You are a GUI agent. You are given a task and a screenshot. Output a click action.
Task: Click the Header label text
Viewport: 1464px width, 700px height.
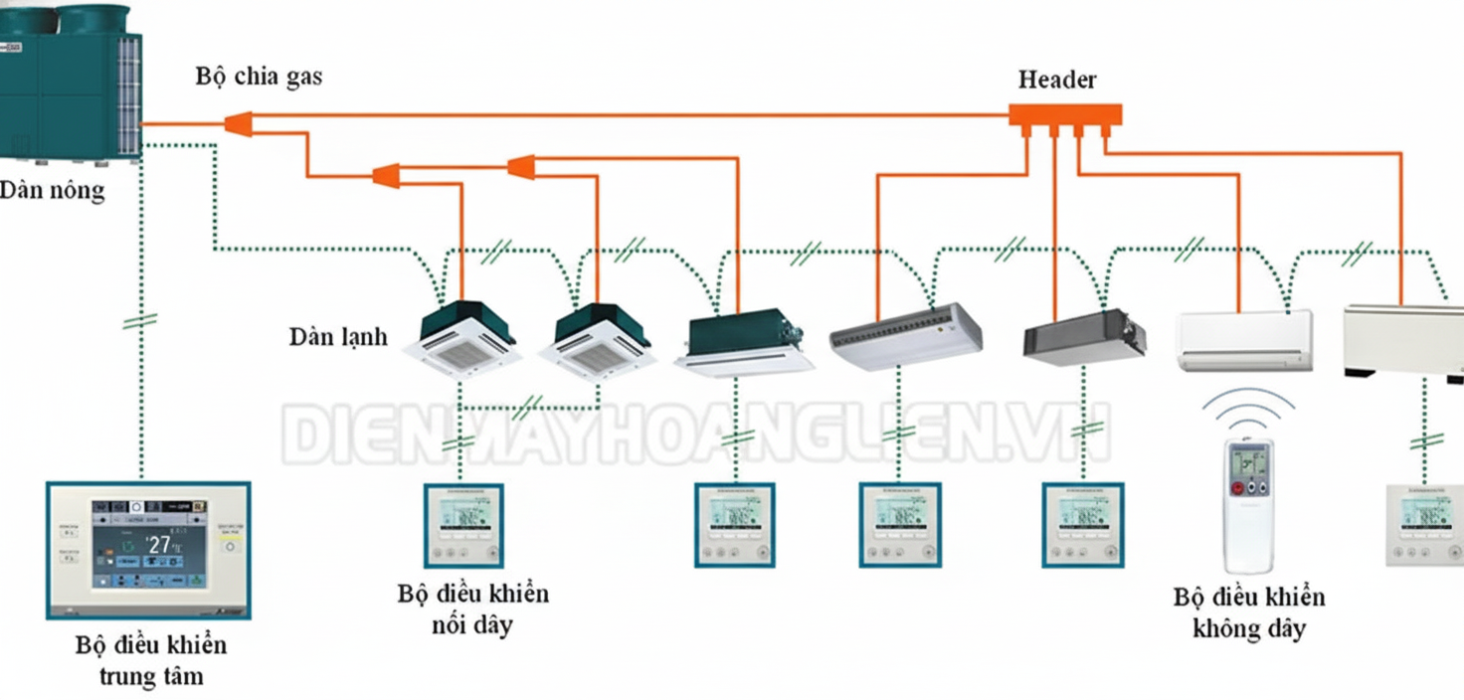1056,80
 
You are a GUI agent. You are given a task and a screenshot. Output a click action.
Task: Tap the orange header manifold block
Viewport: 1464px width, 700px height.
1065,115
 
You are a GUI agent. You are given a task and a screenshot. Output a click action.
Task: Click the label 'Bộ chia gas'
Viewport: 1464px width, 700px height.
259,77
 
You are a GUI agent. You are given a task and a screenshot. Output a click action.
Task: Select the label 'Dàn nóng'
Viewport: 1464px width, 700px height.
52,189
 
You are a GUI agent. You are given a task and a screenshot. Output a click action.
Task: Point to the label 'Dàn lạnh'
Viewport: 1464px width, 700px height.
338,336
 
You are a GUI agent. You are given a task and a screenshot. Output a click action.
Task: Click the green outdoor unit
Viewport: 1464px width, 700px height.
70,80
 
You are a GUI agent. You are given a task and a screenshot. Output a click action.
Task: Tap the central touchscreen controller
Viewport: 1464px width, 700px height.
148,549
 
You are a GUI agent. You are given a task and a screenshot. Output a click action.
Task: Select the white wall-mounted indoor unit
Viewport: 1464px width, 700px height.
1245,340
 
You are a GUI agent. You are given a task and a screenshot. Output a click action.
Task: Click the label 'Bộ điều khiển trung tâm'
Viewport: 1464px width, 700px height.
151,660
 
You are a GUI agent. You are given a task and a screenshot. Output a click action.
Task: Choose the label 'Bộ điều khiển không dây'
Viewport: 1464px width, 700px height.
1248,612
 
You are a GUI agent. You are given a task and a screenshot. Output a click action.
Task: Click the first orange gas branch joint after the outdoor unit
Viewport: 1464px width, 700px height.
237,123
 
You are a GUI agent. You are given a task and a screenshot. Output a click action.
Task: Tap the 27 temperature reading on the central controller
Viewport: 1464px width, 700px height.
159,544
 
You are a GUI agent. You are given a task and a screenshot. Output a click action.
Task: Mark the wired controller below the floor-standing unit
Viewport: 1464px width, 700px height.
1424,525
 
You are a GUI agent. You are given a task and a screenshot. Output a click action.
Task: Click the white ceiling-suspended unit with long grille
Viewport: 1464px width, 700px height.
906,333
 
